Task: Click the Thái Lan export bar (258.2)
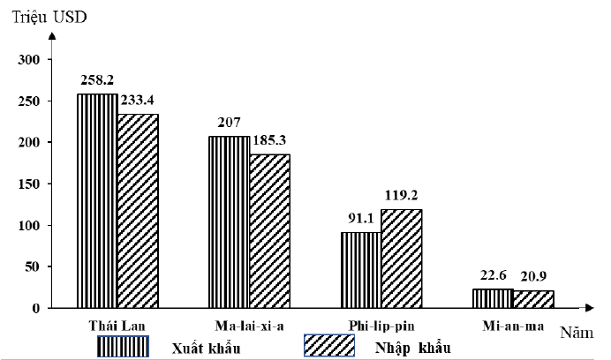coord(97,201)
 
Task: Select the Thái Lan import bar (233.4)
coord(138,211)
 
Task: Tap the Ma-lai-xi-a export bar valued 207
coord(229,222)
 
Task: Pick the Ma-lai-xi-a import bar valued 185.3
coord(269,231)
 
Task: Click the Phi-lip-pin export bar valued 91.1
coord(360,270)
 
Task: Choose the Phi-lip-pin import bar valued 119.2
coord(401,259)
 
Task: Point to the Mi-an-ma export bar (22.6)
coord(493,298)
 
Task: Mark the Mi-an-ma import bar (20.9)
coord(533,299)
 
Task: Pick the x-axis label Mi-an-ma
coord(511,326)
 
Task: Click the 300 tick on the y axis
coord(30,59)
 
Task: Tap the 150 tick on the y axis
coord(30,184)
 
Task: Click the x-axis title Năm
coord(577,334)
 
